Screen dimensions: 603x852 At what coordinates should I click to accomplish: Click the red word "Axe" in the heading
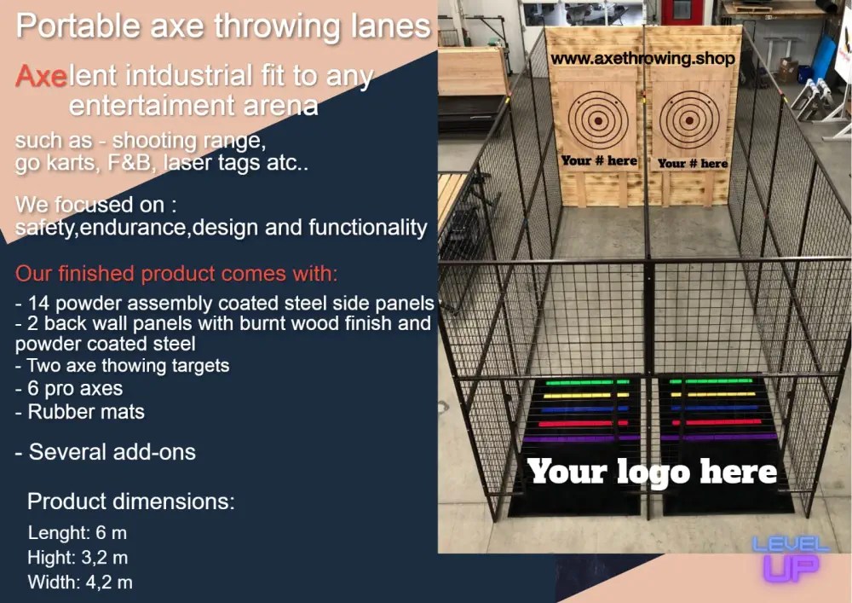(41, 77)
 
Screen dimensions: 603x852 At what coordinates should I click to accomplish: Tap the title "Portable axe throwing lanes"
(222, 26)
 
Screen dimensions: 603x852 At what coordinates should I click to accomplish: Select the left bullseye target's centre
(598, 119)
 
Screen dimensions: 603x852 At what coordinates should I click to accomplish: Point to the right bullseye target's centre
(688, 119)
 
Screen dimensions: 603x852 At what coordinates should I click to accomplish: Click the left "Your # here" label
(599, 160)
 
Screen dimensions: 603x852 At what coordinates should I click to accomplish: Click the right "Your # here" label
(692, 163)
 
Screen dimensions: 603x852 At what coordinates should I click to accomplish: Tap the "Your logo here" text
(652, 472)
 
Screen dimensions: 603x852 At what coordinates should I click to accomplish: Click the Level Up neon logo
(790, 559)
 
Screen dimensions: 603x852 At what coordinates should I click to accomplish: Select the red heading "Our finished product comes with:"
(176, 274)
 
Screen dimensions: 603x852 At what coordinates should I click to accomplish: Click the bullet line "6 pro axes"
(69, 389)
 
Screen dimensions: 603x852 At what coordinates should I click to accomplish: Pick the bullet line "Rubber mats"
(80, 412)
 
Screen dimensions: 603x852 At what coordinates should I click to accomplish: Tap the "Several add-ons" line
(106, 452)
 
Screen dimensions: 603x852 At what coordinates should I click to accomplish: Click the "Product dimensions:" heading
(130, 501)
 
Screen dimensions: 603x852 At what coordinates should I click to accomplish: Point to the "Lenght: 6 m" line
(78, 533)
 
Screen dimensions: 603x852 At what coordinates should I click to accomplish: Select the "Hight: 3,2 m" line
(78, 558)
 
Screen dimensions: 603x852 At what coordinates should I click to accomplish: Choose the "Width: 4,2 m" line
(80, 583)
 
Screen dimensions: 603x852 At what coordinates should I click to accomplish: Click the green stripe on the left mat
(587, 382)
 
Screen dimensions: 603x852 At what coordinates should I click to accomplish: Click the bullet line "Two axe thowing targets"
(122, 366)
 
